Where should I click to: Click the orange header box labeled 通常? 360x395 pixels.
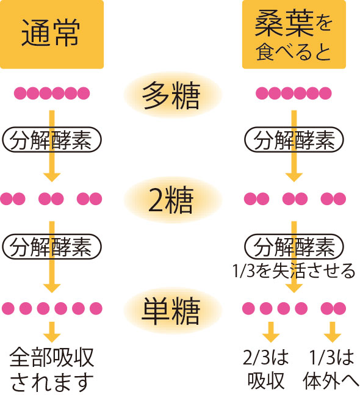tap(52, 34)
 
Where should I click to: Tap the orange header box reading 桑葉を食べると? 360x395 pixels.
tap(293, 34)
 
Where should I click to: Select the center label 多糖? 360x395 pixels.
tap(171, 95)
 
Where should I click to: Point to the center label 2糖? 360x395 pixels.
tap(171, 200)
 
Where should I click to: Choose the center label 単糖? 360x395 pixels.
tap(171, 311)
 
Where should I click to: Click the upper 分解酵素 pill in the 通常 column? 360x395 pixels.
tap(52, 140)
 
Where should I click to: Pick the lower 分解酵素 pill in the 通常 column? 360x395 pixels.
tap(52, 247)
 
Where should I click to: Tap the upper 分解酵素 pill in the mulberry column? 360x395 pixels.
tap(294, 140)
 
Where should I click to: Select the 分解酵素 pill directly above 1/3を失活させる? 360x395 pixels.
tap(294, 247)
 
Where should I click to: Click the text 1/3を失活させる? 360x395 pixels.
tap(293, 271)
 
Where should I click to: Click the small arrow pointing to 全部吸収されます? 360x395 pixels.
tap(52, 332)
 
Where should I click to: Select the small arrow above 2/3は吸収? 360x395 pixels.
tap(271, 332)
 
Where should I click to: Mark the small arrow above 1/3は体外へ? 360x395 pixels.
tap(333, 332)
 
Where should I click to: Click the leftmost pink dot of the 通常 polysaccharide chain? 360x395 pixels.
tap(20, 93)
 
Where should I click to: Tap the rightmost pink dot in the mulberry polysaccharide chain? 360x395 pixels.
tap(325, 93)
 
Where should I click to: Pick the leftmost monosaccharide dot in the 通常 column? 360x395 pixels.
tap(8, 308)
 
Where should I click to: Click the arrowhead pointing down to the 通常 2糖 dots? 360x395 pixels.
tap(52, 177)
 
